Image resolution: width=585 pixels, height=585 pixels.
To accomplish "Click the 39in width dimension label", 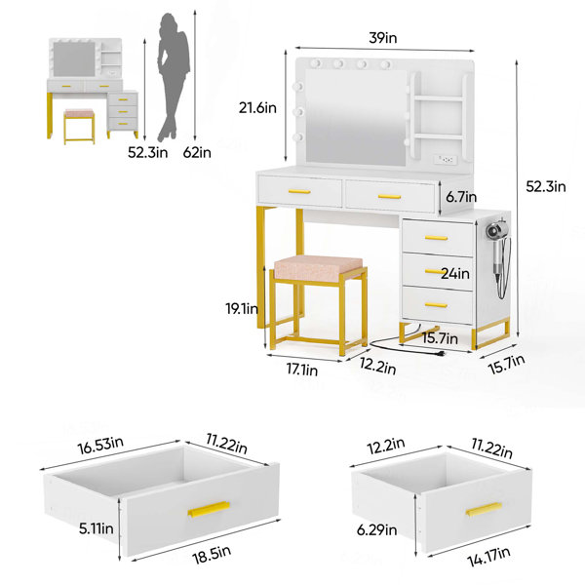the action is click(383, 38).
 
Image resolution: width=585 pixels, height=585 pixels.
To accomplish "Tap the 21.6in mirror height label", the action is click(257, 108).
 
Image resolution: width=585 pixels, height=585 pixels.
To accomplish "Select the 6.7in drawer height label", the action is click(461, 197).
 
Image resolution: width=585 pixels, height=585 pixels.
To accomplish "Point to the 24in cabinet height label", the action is click(455, 274).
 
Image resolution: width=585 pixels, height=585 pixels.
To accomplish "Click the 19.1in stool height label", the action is click(242, 309).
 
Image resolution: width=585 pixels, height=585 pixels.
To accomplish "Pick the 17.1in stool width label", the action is click(302, 370).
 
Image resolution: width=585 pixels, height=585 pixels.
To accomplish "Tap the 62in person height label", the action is click(197, 153).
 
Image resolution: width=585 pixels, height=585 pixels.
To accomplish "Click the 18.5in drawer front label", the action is click(212, 555).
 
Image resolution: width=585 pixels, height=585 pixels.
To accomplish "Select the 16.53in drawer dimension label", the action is click(100, 445).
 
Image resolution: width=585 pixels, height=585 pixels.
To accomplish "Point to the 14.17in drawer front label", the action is click(489, 557).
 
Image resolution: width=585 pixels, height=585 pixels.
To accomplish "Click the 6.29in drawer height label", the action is click(376, 529).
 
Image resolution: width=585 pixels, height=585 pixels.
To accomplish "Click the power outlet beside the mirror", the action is click(446, 160).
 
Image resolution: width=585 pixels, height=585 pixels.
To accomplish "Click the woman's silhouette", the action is click(174, 77).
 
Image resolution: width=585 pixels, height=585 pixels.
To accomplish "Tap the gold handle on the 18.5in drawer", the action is click(209, 509).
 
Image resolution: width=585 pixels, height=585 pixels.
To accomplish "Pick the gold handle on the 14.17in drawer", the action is click(485, 509).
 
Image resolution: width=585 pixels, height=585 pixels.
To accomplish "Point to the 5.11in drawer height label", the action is click(97, 528).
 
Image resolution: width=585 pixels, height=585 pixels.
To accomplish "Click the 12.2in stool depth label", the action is click(378, 366).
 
